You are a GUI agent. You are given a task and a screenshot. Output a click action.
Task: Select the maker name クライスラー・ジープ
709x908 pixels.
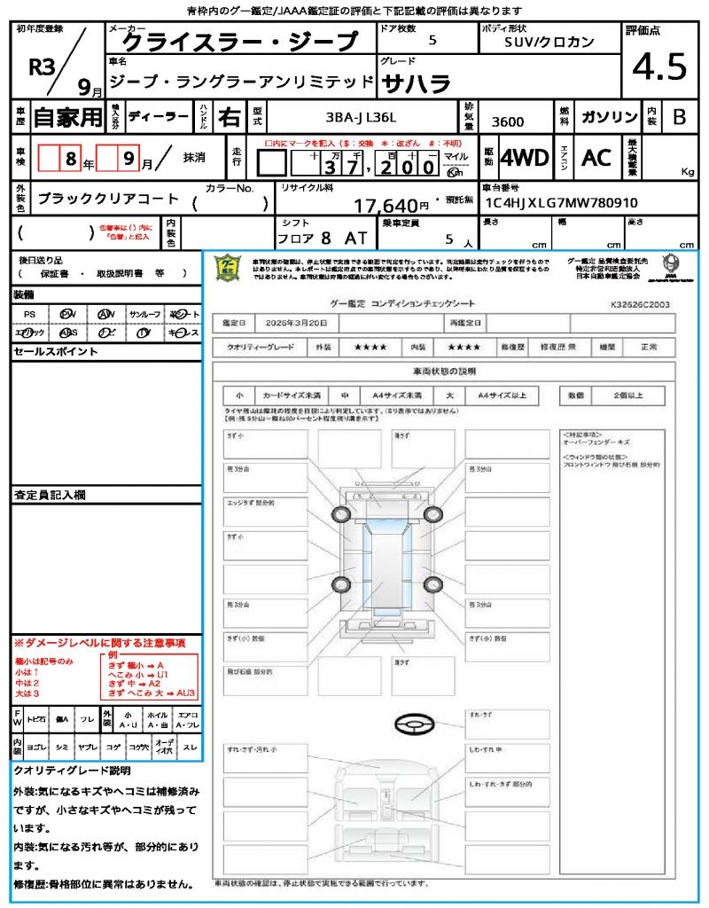(239, 42)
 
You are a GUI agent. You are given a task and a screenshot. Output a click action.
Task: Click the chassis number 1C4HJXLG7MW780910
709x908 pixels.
(561, 203)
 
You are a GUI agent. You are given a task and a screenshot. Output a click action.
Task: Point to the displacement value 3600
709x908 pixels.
(508, 121)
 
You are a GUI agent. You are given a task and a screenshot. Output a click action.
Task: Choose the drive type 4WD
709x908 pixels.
(525, 158)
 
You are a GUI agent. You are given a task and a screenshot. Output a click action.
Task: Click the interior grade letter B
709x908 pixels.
(679, 117)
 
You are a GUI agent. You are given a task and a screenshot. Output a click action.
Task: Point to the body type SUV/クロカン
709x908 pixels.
(549, 41)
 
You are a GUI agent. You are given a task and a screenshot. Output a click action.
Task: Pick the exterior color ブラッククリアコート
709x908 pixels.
(108, 200)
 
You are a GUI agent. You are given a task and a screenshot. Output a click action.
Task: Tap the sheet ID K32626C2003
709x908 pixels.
(640, 303)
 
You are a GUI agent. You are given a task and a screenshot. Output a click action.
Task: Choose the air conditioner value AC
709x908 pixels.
(596, 158)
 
